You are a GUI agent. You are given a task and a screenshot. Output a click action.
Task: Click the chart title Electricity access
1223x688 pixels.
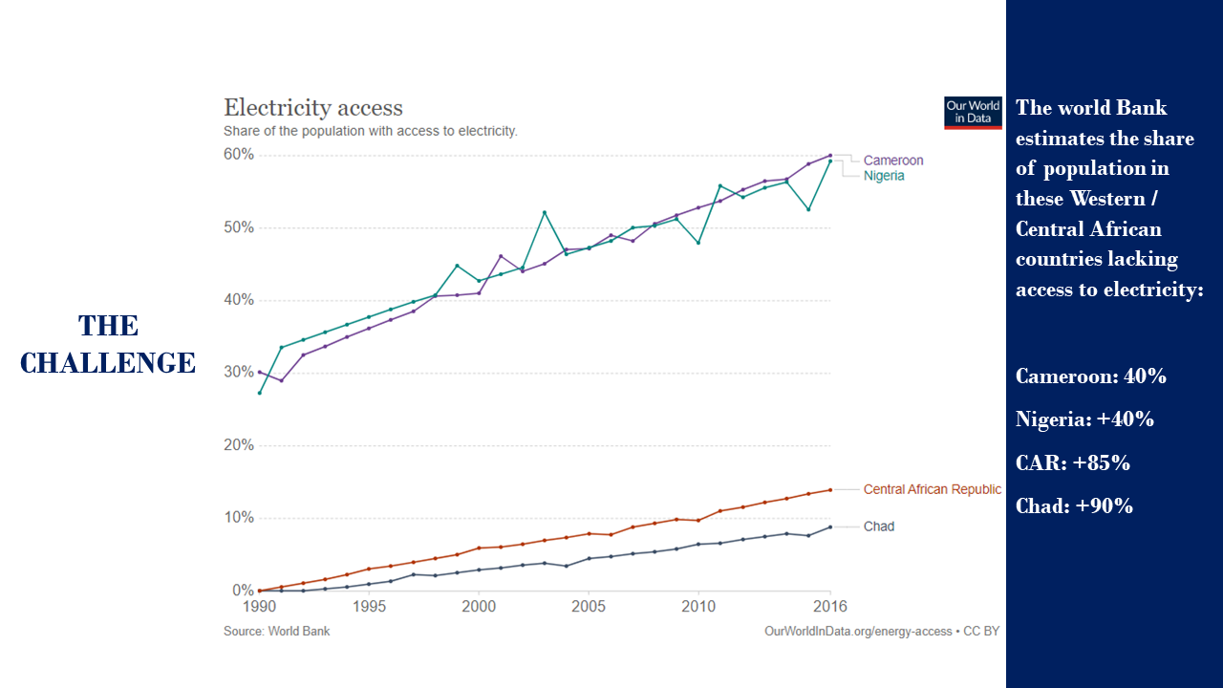(x=313, y=108)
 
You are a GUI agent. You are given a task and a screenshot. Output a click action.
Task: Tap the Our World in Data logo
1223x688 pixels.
(x=973, y=112)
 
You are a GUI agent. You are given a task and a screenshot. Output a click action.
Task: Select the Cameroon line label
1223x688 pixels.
(x=893, y=161)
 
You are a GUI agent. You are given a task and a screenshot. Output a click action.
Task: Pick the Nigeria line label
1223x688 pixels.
(x=884, y=176)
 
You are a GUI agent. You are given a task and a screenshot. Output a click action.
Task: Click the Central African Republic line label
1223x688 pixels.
(x=932, y=489)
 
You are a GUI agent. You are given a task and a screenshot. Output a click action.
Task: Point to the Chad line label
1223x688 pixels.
(x=879, y=527)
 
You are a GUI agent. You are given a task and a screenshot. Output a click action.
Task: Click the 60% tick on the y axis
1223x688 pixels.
(x=239, y=155)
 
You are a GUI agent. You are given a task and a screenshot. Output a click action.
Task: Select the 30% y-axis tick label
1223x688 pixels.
(x=239, y=373)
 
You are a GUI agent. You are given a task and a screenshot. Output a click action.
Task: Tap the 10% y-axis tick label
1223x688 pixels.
(x=239, y=518)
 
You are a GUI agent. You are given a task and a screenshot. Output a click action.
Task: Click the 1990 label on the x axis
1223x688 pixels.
(x=259, y=607)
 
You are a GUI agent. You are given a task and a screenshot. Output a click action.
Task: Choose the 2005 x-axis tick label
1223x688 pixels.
(x=589, y=607)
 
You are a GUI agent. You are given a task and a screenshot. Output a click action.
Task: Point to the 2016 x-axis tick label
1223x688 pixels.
(x=829, y=607)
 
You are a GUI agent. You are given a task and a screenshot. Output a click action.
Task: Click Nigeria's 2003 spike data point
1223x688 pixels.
(x=545, y=212)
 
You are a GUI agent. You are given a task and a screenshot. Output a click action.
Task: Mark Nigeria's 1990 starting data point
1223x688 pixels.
(x=259, y=393)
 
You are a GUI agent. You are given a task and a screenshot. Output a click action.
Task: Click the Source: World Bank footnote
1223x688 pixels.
(x=277, y=632)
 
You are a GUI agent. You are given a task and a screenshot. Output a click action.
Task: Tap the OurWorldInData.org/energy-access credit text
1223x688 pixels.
(x=858, y=632)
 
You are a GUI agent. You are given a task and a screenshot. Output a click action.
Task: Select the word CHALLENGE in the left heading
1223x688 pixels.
(x=108, y=363)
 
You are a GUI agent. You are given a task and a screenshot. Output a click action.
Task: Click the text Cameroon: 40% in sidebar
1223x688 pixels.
(x=1091, y=376)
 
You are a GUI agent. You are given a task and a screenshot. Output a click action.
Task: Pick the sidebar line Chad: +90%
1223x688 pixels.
(x=1075, y=506)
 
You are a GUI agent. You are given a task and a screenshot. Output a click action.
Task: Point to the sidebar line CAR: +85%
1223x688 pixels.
(x=1073, y=463)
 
